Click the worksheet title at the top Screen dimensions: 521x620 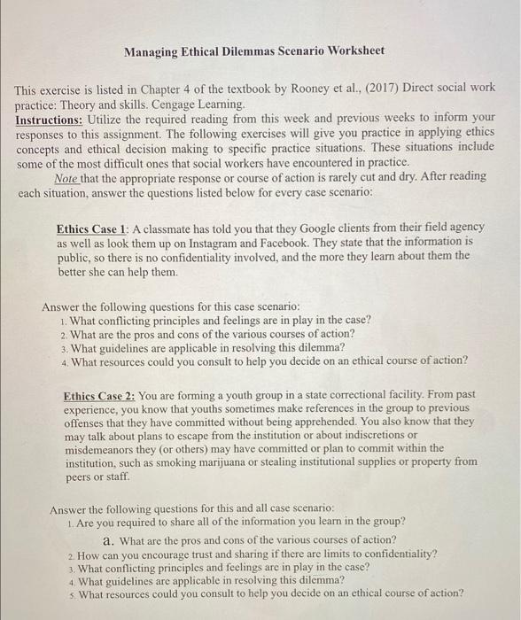[253, 51]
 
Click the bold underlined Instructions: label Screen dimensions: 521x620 [49, 118]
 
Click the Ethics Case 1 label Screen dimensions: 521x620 [92, 227]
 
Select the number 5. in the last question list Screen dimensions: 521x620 [71, 594]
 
